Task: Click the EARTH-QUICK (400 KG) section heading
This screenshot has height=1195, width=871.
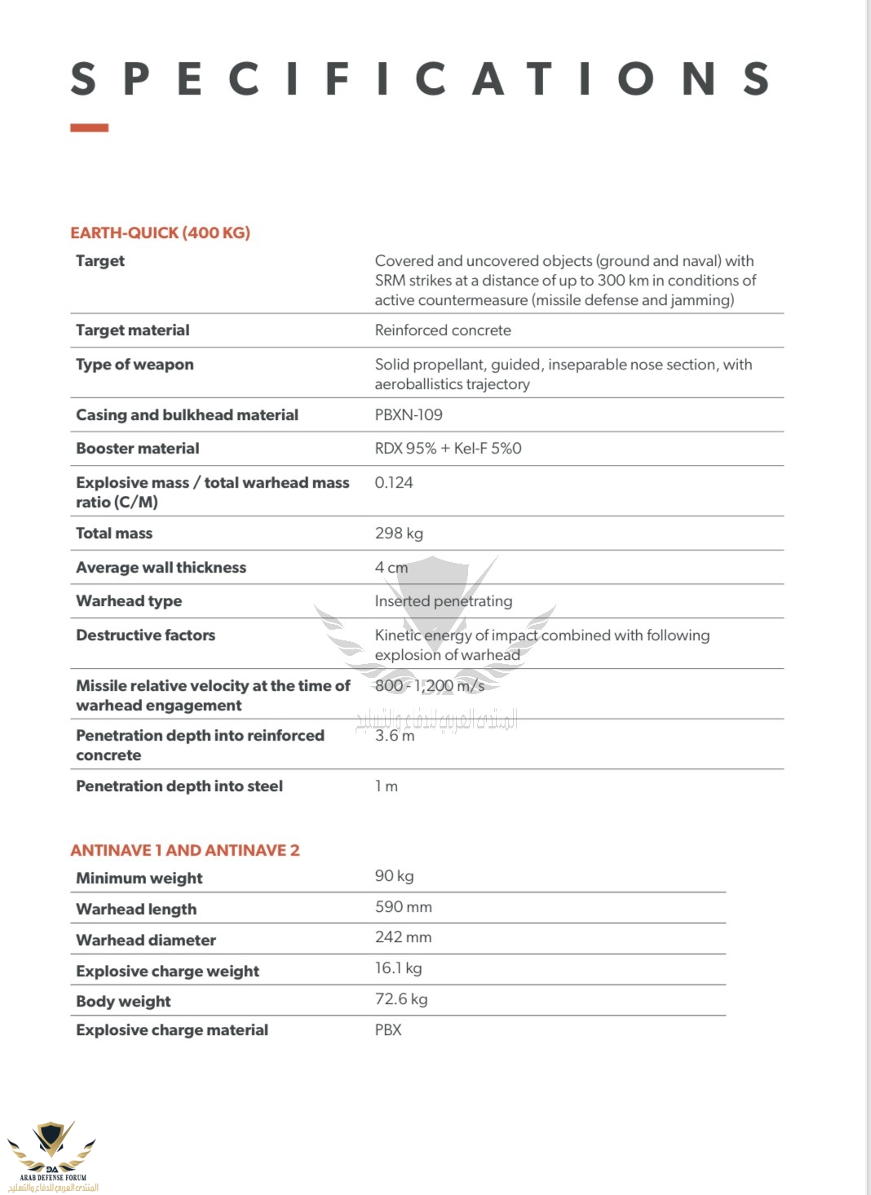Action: point(160,233)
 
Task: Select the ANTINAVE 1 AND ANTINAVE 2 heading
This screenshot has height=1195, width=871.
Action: point(185,851)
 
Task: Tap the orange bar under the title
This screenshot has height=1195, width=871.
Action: point(89,128)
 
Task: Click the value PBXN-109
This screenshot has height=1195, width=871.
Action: point(409,415)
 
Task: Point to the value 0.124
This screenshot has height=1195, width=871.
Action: point(394,483)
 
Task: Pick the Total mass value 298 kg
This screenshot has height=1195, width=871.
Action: point(399,533)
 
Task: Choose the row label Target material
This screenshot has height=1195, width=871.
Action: point(132,330)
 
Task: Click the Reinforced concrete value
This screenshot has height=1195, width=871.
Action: point(443,330)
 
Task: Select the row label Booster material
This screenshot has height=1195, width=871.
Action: point(137,449)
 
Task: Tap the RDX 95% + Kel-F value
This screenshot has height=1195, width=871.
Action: point(448,449)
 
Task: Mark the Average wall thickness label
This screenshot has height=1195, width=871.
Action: point(161,568)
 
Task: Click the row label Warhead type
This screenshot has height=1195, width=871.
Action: point(129,601)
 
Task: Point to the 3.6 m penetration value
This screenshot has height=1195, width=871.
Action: point(395,736)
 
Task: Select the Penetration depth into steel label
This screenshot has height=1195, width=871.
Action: point(179,786)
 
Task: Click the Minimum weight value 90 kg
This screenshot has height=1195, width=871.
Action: point(394,876)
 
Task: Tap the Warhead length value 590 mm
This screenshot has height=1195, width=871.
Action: point(403,907)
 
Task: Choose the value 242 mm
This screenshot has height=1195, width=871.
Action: point(403,937)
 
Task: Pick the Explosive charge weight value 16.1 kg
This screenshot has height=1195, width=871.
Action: point(398,968)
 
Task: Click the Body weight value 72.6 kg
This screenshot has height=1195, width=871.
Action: point(401,999)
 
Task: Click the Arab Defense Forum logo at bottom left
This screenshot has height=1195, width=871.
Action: point(52,1154)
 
